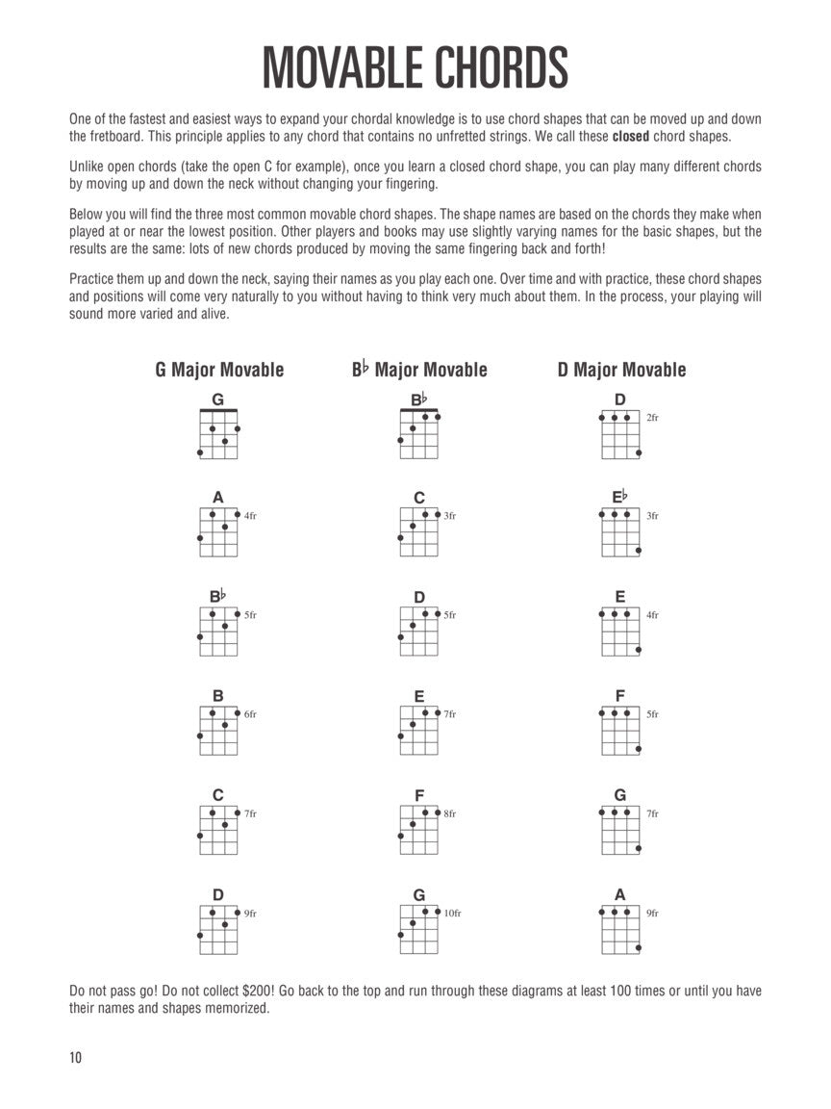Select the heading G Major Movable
click(219, 370)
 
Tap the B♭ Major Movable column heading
click(419, 370)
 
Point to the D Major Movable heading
click(621, 370)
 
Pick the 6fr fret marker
click(250, 714)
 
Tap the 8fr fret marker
click(450, 814)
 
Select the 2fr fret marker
click(652, 418)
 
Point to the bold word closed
click(631, 136)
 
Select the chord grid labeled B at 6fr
click(218, 733)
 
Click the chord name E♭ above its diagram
click(619, 497)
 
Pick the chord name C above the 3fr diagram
click(419, 498)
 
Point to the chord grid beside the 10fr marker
click(419, 932)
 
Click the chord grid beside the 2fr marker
click(620, 435)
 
